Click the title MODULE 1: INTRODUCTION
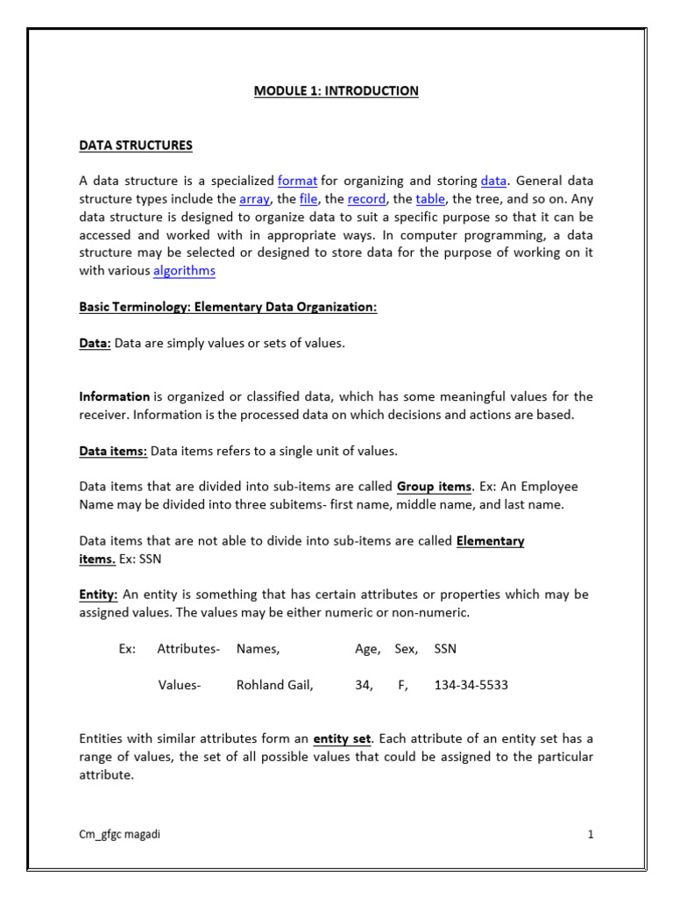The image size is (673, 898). [336, 91]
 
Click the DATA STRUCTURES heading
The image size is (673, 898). [135, 145]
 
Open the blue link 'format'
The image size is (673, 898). [297, 181]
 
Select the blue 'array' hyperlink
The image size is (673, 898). [254, 199]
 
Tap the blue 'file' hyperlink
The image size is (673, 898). [308, 199]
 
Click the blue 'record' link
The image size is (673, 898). [366, 199]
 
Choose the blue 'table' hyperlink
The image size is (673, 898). [430, 199]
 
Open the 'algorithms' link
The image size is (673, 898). [184, 271]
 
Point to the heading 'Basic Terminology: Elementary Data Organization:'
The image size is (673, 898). [228, 307]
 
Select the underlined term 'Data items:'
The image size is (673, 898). [113, 451]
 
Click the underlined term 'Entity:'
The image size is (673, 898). [98, 595]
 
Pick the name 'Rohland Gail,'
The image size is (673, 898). [274, 685]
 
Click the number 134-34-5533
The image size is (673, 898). [471, 685]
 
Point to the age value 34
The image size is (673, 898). [364, 685]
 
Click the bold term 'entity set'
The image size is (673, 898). [344, 738]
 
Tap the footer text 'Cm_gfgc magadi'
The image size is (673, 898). [119, 835]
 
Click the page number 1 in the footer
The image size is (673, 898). [591, 835]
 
